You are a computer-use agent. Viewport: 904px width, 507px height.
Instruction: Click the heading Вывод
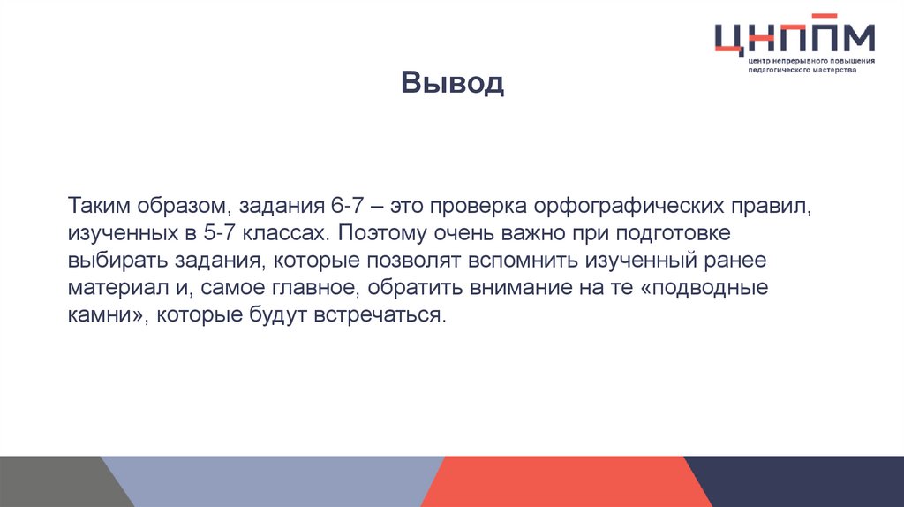click(x=452, y=83)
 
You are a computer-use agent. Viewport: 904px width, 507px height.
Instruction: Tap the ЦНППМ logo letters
click(x=794, y=38)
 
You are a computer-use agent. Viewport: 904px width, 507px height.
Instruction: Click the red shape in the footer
click(x=565, y=481)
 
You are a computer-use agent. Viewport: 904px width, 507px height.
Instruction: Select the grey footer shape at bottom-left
click(x=53, y=481)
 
